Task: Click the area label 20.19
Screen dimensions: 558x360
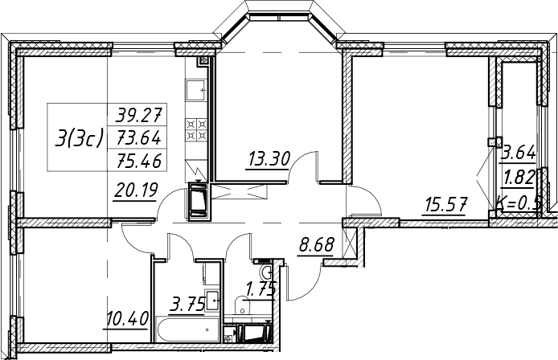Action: pos(136,190)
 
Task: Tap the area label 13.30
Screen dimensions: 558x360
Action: pos(269,158)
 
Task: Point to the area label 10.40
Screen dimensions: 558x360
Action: pos(127,318)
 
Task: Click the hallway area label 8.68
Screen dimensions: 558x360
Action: pos(317,245)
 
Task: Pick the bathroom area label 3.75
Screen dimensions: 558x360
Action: pos(188,305)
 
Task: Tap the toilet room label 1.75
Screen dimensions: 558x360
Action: pos(261,288)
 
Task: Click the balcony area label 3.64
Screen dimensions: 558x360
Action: pos(519,153)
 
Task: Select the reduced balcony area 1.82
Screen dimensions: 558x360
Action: pos(519,177)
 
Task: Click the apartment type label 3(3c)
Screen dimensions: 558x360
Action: pos(79,137)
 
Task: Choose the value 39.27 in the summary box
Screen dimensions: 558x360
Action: pos(140,115)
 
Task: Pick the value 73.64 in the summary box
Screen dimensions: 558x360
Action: pos(139,137)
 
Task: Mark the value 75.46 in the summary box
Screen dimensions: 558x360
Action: pos(140,161)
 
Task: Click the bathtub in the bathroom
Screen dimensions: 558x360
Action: pos(187,330)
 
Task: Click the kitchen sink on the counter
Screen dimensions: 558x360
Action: pos(195,90)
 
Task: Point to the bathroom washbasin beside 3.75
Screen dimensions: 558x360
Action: pos(212,301)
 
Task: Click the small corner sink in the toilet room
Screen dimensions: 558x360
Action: pos(267,273)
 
